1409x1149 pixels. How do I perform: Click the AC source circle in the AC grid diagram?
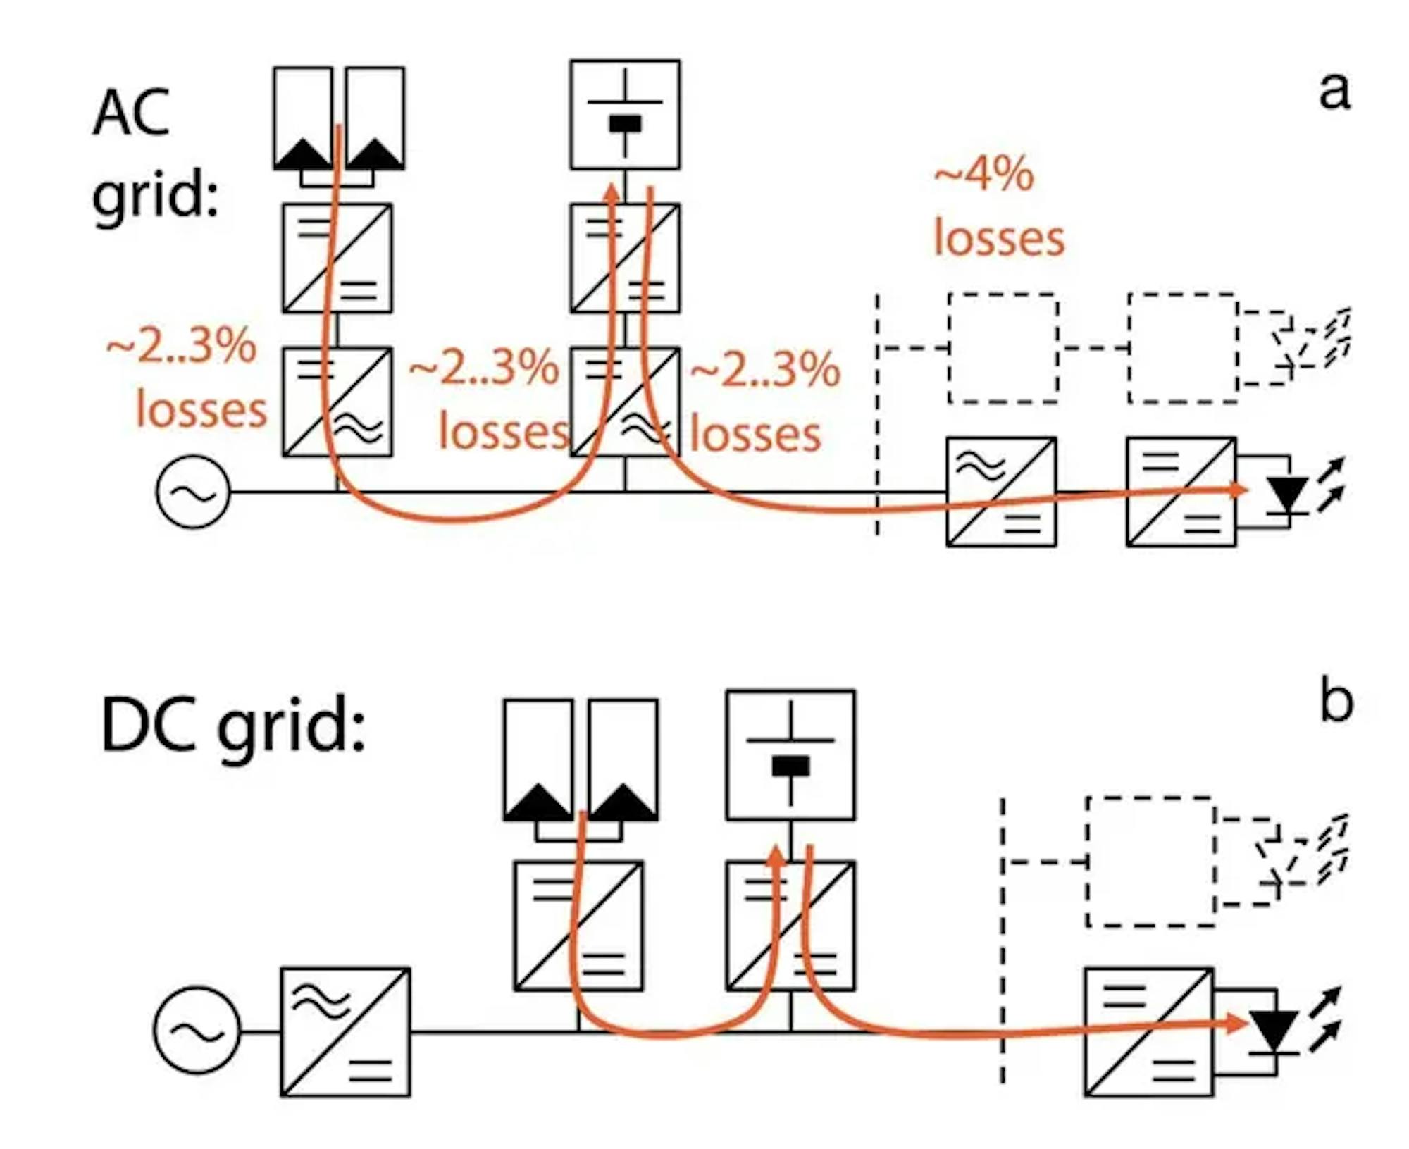click(x=192, y=491)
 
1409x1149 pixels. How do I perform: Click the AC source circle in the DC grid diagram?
click(x=197, y=1029)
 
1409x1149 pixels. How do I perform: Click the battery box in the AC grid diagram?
click(x=625, y=114)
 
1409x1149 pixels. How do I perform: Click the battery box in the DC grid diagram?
click(x=790, y=754)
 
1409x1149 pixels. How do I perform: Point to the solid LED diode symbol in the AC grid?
click(x=1289, y=494)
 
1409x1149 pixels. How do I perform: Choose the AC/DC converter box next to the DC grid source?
click(x=345, y=1031)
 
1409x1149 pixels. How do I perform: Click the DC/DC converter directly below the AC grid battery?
click(x=625, y=258)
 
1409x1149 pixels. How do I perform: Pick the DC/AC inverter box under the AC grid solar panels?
click(x=337, y=402)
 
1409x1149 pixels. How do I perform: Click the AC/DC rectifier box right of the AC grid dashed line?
click(x=1000, y=492)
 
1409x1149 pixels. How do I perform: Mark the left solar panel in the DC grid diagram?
click(x=538, y=759)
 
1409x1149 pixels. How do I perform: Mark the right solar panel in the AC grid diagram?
click(x=375, y=118)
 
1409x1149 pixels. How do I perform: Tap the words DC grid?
click(x=232, y=726)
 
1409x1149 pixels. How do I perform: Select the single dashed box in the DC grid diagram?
click(x=1150, y=862)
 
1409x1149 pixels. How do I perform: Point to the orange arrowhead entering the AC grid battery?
click(x=614, y=192)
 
